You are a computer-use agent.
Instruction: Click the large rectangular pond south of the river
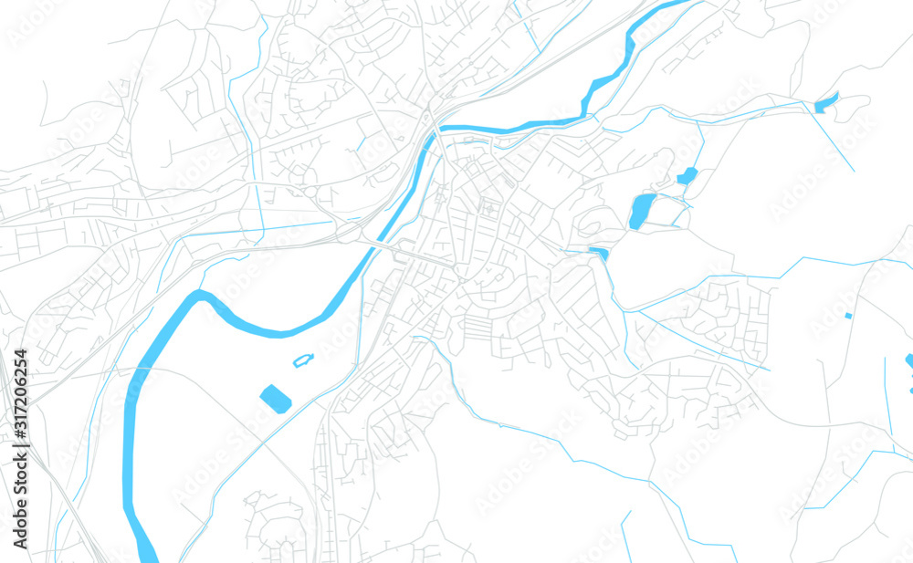tap(275, 399)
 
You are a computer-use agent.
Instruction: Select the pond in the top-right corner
tap(826, 103)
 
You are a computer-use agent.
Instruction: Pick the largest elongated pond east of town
tap(642, 211)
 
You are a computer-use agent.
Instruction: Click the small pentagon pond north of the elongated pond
tap(687, 175)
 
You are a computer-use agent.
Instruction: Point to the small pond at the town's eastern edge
tap(599, 253)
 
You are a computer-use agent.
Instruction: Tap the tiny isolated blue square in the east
tap(848, 316)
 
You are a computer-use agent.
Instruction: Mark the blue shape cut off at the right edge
tap(909, 360)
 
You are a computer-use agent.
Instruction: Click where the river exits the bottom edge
tap(148, 557)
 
